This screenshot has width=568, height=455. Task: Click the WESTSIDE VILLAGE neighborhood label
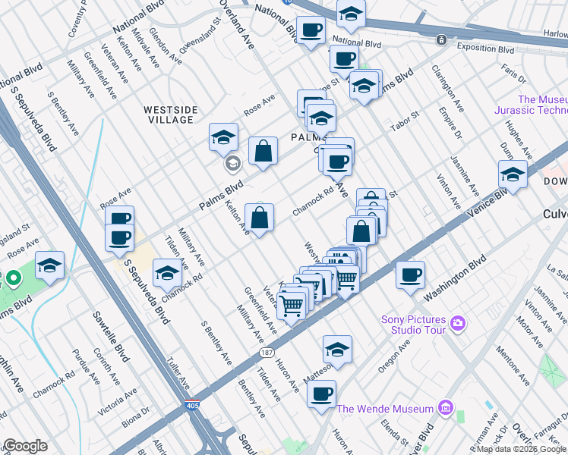click(171, 115)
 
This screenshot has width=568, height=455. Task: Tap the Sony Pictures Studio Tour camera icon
click(457, 323)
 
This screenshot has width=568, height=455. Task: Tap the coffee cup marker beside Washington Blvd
click(410, 275)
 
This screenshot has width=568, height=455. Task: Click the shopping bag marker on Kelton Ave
click(260, 218)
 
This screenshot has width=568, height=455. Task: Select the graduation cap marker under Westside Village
click(223, 136)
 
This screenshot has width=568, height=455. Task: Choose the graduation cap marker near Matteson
click(337, 349)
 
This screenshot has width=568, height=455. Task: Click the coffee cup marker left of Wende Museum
click(322, 394)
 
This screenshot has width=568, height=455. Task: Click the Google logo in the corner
click(25, 446)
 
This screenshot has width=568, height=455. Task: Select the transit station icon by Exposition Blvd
click(440, 39)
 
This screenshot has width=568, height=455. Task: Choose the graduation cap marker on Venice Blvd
click(513, 174)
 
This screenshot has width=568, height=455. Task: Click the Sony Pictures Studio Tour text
click(413, 323)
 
